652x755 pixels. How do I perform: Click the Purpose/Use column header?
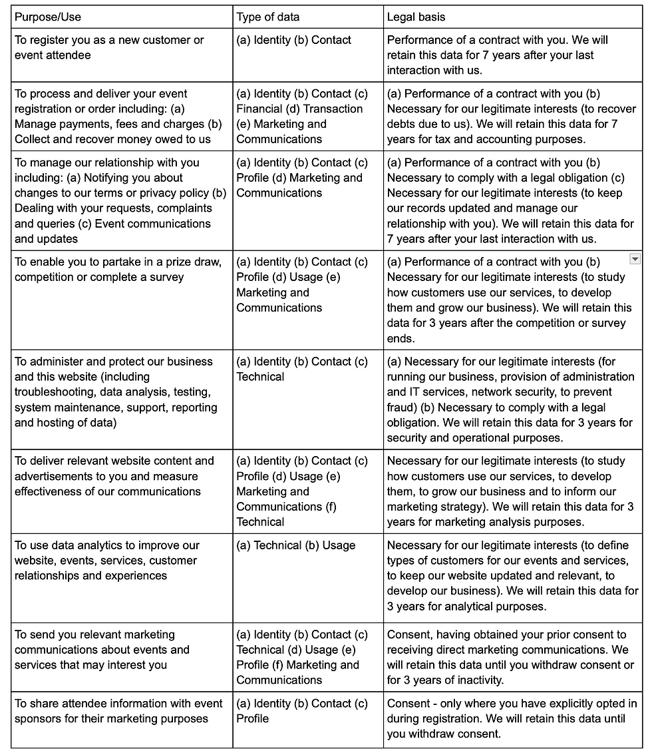pyautogui.click(x=48, y=17)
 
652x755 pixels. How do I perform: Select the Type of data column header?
pyautogui.click(x=268, y=17)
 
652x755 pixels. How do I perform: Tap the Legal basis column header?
pyautogui.click(x=416, y=17)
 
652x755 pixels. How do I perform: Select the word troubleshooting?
pyautogui.click(x=53, y=392)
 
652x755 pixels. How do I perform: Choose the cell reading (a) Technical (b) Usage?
pyautogui.click(x=296, y=545)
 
